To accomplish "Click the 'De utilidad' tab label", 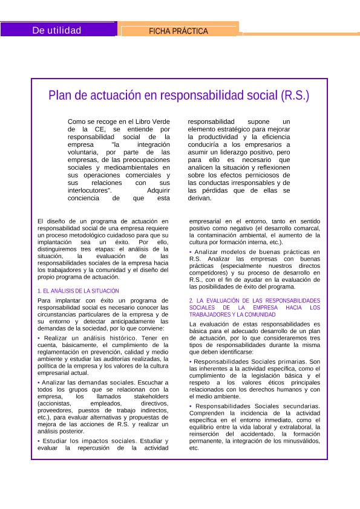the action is (57, 30).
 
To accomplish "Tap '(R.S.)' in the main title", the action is (295, 96).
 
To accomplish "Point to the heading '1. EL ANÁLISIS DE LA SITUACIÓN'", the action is (78, 291).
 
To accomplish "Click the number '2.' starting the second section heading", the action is (192, 300).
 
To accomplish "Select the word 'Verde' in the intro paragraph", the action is (158, 122).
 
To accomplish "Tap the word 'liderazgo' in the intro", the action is (234, 153).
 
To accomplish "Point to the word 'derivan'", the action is (199, 198).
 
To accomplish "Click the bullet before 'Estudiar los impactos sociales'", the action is (39, 440).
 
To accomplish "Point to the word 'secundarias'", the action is (296, 406).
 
